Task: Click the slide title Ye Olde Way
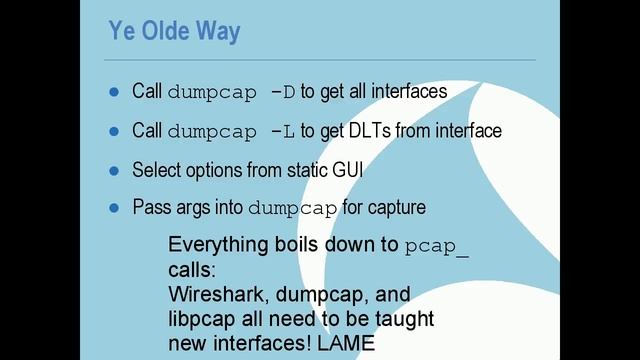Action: tap(174, 32)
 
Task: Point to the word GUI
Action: tap(345, 170)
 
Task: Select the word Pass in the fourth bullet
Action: tap(150, 208)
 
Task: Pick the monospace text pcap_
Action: tap(437, 247)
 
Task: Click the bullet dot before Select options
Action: tap(113, 170)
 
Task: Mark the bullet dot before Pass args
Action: tap(113, 208)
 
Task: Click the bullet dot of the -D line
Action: tap(113, 92)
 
